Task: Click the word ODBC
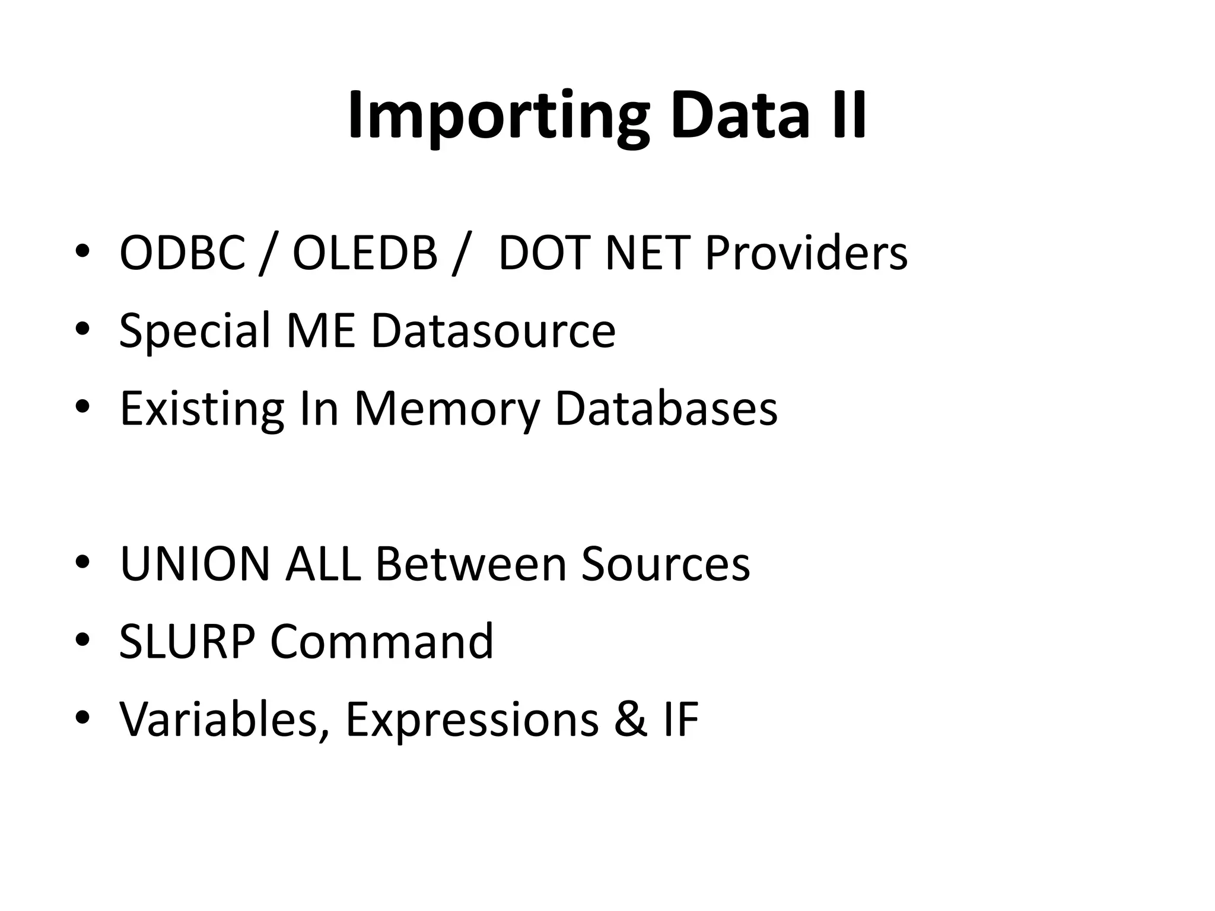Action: pos(182,253)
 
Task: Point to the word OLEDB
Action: pos(365,253)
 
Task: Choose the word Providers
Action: pos(806,253)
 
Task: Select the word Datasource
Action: pos(493,330)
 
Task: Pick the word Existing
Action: pos(202,409)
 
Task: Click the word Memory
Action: pos(447,409)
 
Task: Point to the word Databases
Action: pos(666,409)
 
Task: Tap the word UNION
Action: pos(195,564)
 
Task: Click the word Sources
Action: pos(666,564)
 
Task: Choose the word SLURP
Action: pos(187,642)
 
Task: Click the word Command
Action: pos(381,642)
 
